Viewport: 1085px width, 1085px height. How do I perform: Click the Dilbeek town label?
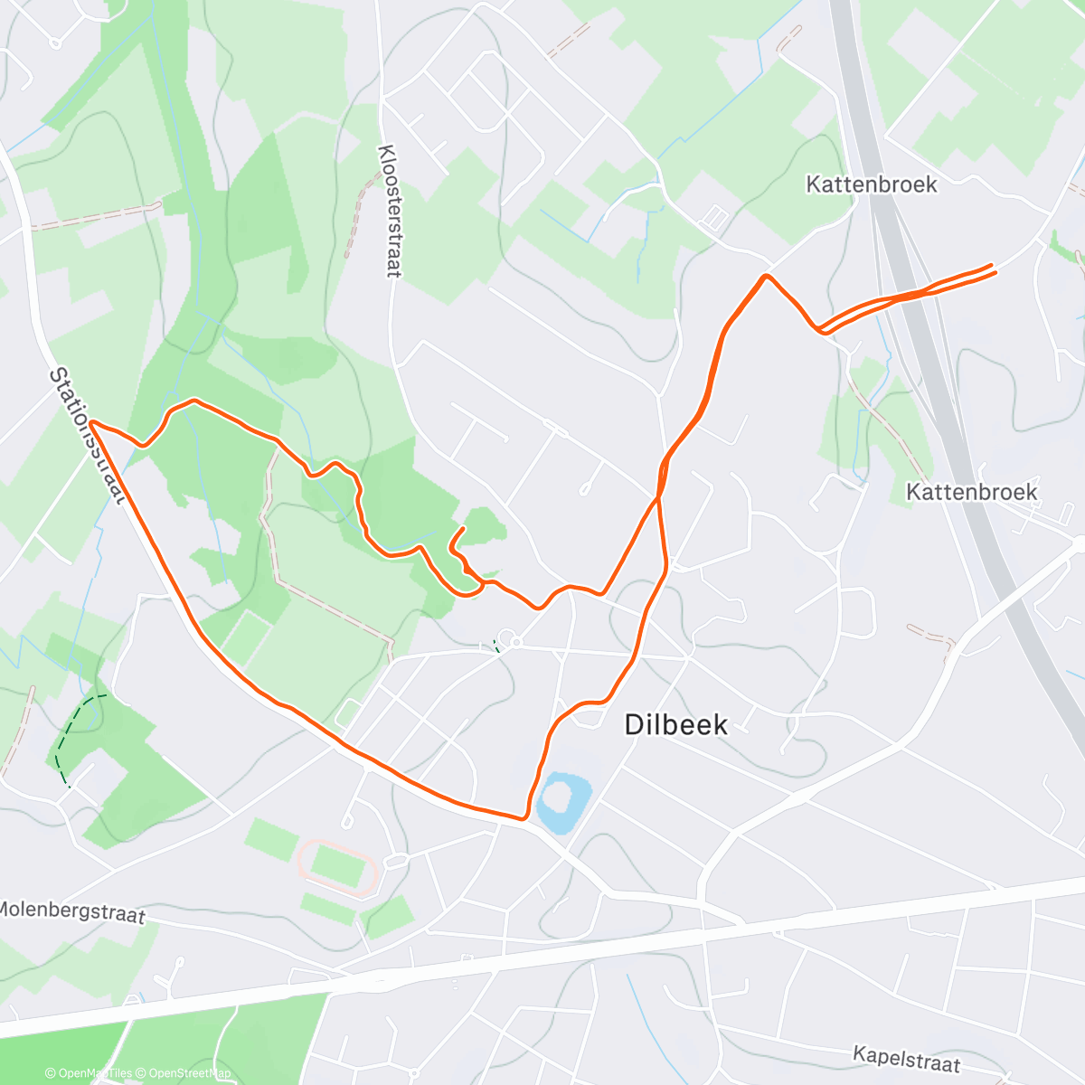[676, 723]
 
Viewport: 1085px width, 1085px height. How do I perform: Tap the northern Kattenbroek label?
[871, 184]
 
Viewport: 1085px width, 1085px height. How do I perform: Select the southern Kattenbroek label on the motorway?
[971, 492]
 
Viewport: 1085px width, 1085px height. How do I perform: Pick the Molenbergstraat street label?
[72, 911]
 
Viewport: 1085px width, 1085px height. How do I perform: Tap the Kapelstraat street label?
[906, 1058]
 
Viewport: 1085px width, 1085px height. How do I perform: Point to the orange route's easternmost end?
[994, 269]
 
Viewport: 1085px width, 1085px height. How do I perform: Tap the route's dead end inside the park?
[464, 528]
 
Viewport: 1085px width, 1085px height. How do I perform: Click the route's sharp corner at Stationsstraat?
[91, 422]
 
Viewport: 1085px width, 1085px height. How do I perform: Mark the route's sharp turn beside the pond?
[524, 818]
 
